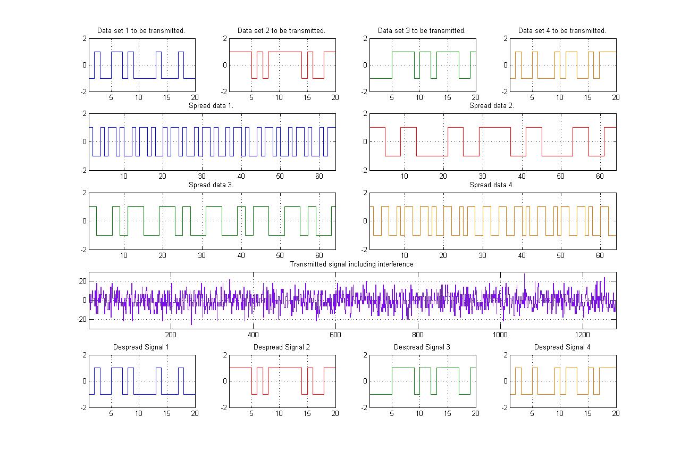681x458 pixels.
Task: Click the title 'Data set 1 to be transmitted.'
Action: pyautogui.click(x=141, y=31)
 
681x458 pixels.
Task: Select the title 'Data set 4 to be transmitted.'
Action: pyautogui.click(x=562, y=31)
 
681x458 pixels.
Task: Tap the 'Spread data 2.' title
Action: pyautogui.click(x=492, y=106)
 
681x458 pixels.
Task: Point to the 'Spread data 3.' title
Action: pyautogui.click(x=211, y=185)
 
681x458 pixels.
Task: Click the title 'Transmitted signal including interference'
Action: pyautogui.click(x=351, y=264)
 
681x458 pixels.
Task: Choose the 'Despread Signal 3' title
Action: pyautogui.click(x=422, y=347)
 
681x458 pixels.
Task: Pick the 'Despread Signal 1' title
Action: pyautogui.click(x=141, y=347)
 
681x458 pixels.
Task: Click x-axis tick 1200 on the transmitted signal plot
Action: pyautogui.click(x=583, y=335)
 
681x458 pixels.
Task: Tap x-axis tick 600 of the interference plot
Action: pyautogui.click(x=335, y=335)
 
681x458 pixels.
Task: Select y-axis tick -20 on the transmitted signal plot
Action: pyautogui.click(x=82, y=320)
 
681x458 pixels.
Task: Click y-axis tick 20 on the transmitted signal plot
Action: pyautogui.click(x=83, y=281)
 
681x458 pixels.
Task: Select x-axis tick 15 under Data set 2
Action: pyautogui.click(x=307, y=98)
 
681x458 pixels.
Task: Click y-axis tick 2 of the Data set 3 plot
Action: pyautogui.click(x=365, y=39)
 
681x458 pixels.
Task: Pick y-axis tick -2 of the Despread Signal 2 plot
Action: pyautogui.click(x=224, y=408)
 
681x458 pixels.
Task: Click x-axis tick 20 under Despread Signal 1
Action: pyautogui.click(x=195, y=414)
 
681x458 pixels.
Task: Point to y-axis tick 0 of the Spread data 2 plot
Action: pyautogui.click(x=365, y=142)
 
